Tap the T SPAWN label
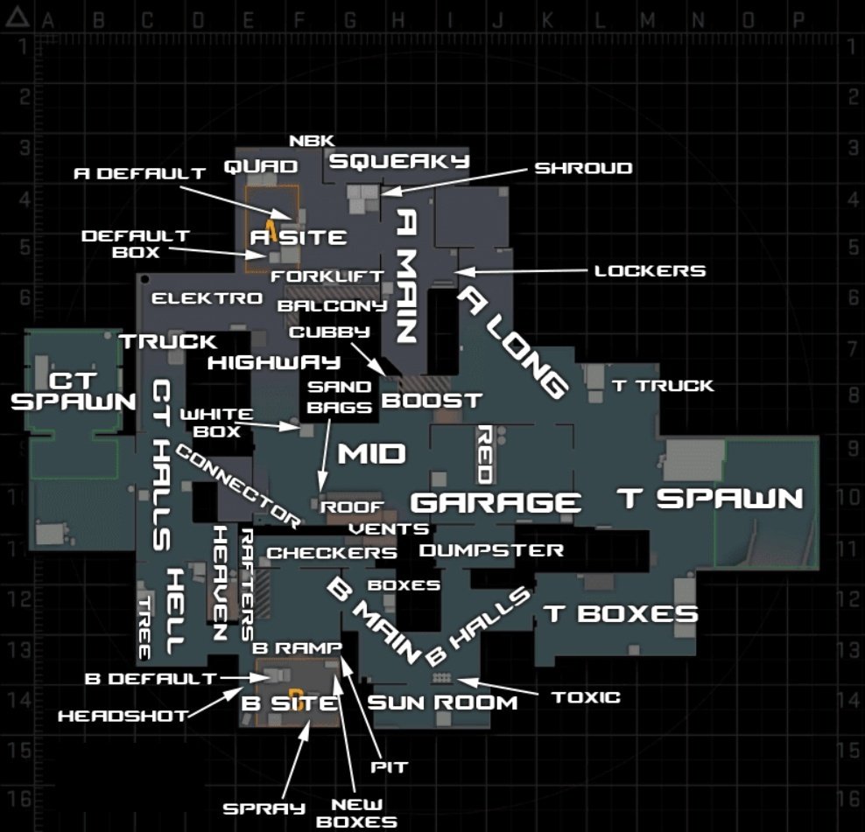pyautogui.click(x=710, y=499)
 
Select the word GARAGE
pyautogui.click(x=496, y=503)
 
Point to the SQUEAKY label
pyautogui.click(x=399, y=161)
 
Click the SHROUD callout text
pyautogui.click(x=583, y=168)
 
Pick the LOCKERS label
pyautogui.click(x=650, y=271)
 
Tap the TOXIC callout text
pyautogui.click(x=586, y=697)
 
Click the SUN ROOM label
pyautogui.click(x=442, y=703)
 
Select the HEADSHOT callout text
pyautogui.click(x=123, y=716)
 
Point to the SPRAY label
pyautogui.click(x=264, y=808)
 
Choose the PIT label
pyautogui.click(x=390, y=767)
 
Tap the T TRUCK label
pyautogui.click(x=662, y=385)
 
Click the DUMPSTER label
pyautogui.click(x=491, y=550)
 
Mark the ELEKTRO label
pyautogui.click(x=207, y=298)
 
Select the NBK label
pyautogui.click(x=311, y=140)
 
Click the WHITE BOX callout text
pyautogui.click(x=216, y=422)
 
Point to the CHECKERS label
pyautogui.click(x=332, y=553)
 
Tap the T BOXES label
pyautogui.click(x=621, y=613)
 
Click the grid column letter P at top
pyautogui.click(x=798, y=19)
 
